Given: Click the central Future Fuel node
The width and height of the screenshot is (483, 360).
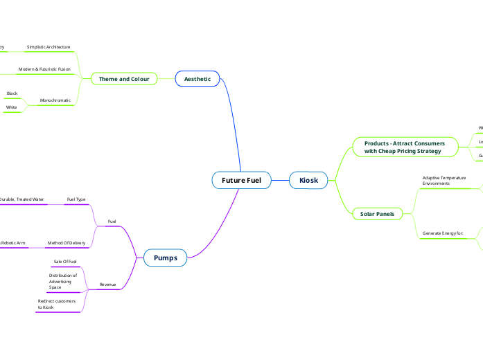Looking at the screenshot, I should tap(241, 181).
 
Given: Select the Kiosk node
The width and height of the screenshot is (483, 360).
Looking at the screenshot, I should tap(308, 181).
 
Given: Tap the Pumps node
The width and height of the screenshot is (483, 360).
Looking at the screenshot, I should tap(165, 258).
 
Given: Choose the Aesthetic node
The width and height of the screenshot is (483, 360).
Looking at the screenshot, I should tap(197, 79).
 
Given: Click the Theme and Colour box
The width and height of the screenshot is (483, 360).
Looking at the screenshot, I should tap(124, 79).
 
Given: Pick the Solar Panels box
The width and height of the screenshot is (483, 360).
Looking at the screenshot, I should tap(377, 214).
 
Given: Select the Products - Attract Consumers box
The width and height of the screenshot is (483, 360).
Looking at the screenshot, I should tap(404, 147).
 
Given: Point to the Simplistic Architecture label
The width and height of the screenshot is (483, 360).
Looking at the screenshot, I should tap(49, 47).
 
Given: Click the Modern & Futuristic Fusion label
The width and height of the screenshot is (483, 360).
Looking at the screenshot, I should tap(44, 69).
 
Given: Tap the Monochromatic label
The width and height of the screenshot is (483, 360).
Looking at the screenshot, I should tap(55, 100).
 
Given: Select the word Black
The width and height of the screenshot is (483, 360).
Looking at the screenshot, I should tap(12, 93).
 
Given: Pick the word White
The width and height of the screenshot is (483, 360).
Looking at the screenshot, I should tap(12, 107).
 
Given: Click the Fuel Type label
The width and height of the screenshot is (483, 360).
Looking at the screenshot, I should tap(76, 199).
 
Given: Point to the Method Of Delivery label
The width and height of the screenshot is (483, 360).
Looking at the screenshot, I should tap(67, 243).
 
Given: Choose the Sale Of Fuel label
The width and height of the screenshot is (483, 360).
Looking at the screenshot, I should tap(65, 262).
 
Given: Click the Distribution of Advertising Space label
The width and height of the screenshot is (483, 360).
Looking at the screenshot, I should tap(63, 281).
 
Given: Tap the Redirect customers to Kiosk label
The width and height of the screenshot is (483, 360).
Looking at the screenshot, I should tap(57, 304).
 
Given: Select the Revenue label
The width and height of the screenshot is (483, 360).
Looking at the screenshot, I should tap(107, 285).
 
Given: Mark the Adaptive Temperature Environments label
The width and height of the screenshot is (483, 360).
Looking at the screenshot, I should tap(444, 181).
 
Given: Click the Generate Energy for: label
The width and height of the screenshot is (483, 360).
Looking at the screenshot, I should tap(442, 233).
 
